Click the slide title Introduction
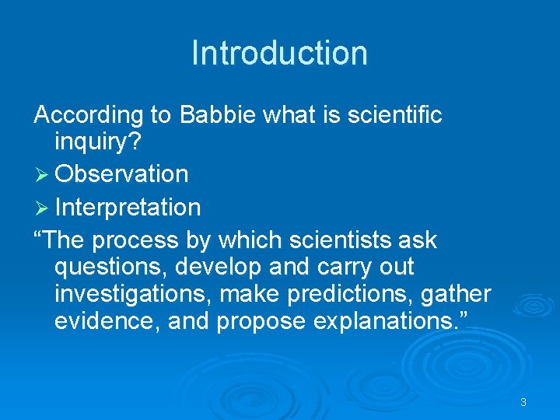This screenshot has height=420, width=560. coord(279,53)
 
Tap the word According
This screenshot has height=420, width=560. coord(89,116)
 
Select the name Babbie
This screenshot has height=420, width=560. coord(219,116)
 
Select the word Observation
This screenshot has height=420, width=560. coord(122,174)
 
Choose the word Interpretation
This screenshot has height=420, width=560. coord(128,208)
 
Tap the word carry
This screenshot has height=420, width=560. coord(341,268)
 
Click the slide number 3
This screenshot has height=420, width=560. coord(523,402)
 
